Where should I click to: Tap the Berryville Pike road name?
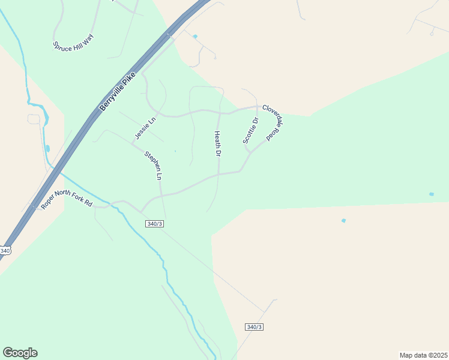click(x=121, y=92)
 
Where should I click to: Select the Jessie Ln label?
click(x=145, y=128)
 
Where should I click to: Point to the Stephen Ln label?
click(x=153, y=166)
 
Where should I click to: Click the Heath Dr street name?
click(x=218, y=144)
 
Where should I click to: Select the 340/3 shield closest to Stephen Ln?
click(x=154, y=224)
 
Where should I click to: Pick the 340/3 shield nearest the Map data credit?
click(x=255, y=327)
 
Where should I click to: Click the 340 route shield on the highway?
click(x=5, y=250)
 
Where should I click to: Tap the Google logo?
click(x=20, y=353)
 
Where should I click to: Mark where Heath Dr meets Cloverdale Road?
click(x=220, y=112)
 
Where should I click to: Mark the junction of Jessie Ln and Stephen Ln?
click(x=133, y=143)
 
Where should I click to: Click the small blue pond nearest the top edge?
click(x=195, y=37)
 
